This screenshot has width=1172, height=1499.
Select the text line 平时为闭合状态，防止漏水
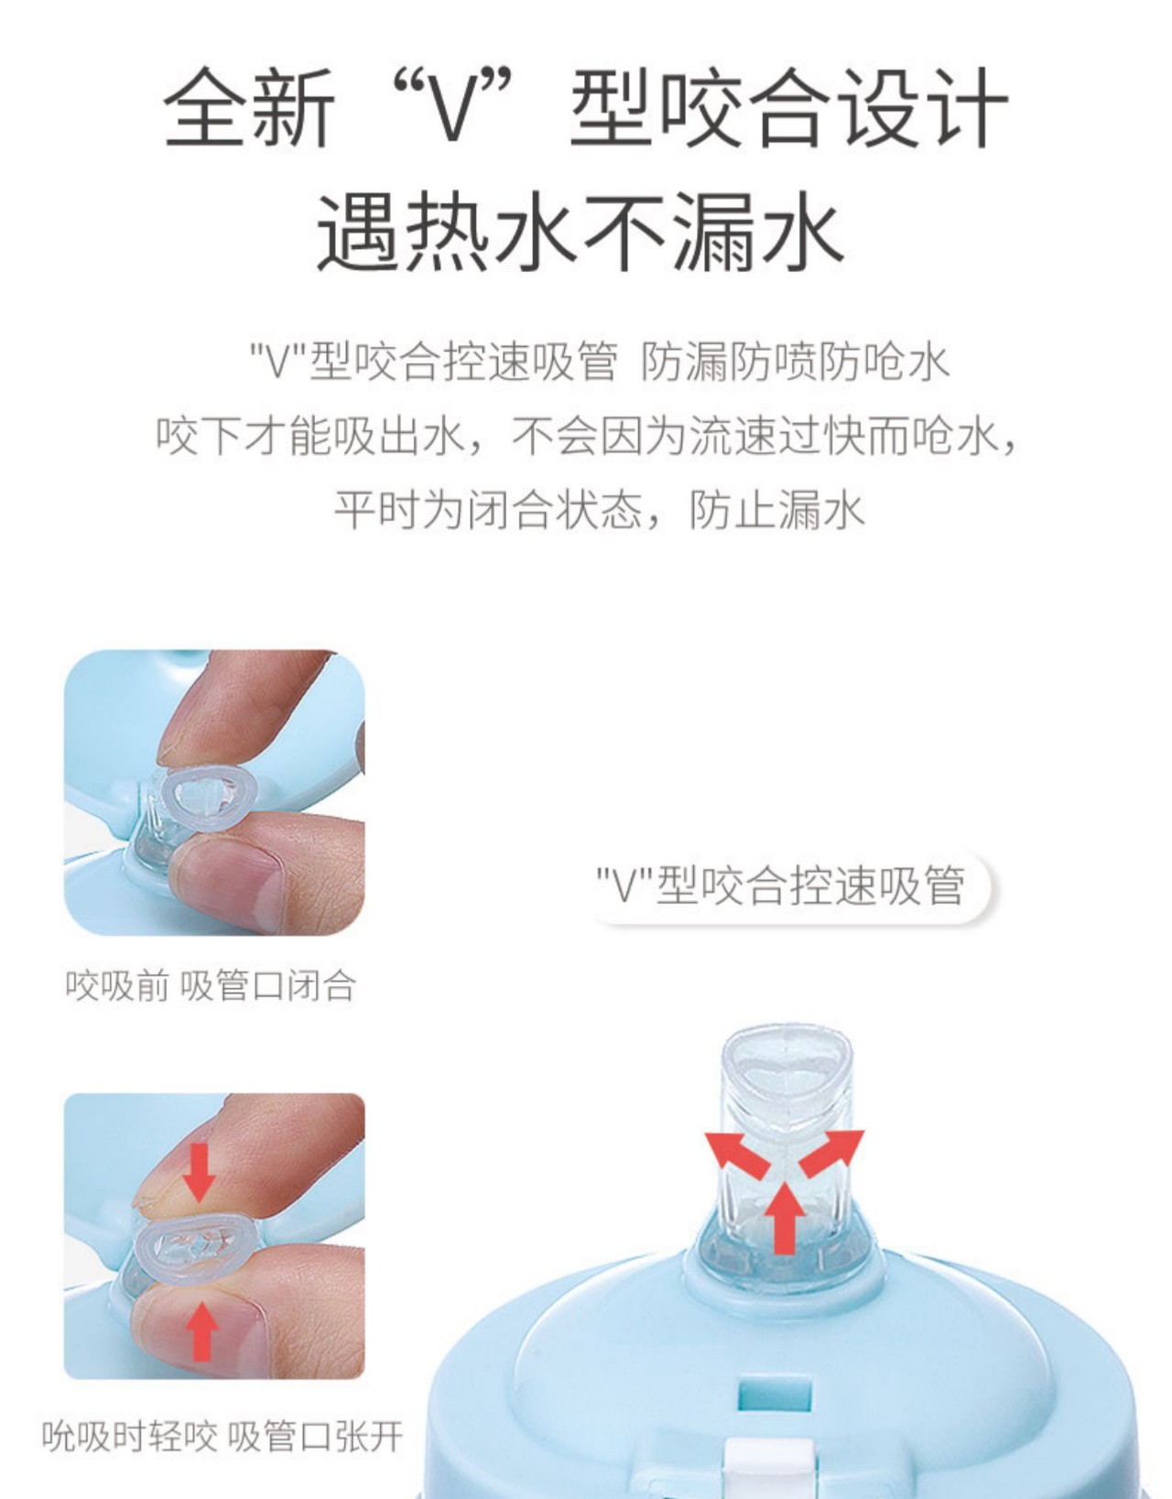click(599, 509)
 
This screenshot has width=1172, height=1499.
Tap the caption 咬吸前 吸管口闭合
click(211, 986)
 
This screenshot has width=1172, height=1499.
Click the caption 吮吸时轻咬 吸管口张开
click(222, 1436)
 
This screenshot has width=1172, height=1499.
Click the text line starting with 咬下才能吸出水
click(586, 436)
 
